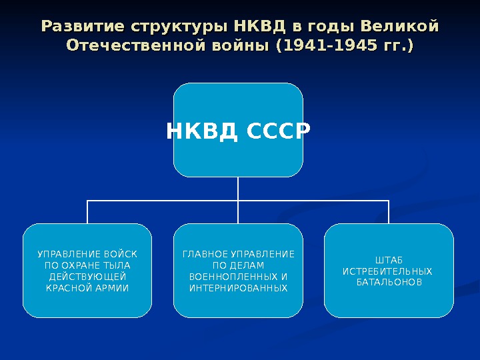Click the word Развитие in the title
(85, 27)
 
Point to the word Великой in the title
(399, 27)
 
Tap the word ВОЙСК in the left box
(121, 254)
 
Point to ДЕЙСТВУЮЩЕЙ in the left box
(87, 277)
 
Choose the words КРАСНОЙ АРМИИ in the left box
(87, 288)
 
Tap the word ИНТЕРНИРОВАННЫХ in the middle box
(238, 288)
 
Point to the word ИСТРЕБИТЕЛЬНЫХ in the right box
(387, 271)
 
